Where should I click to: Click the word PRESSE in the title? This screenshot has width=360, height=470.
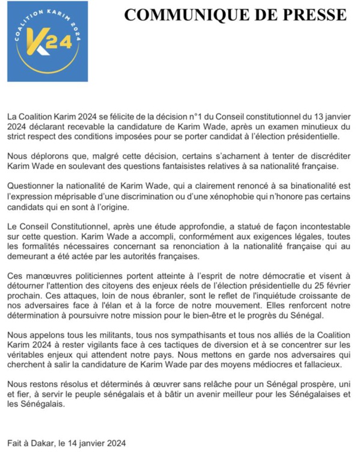click(x=314, y=15)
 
